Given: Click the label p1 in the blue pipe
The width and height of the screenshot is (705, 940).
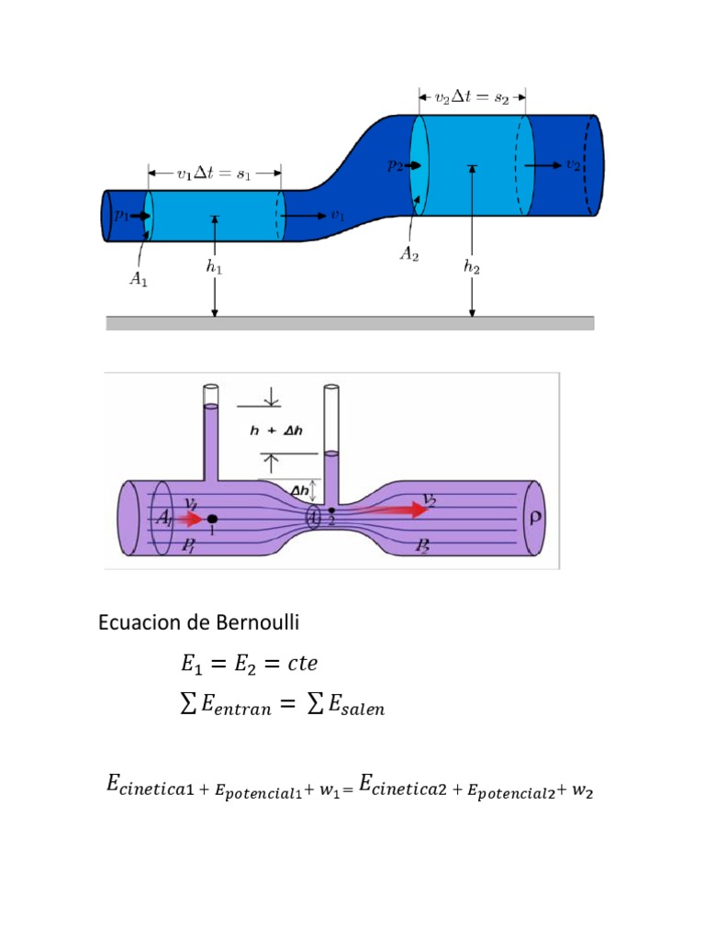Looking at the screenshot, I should pos(121,215).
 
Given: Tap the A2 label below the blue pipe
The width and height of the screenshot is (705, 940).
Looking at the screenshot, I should pos(409,256).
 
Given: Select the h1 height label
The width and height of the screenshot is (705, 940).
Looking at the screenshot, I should pos(214,268).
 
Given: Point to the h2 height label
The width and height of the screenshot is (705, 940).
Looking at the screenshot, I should pos(472,268).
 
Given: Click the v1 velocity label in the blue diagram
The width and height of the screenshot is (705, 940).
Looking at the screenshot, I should pos(338,216).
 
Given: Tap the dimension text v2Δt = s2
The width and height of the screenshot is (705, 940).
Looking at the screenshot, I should pos(472,97).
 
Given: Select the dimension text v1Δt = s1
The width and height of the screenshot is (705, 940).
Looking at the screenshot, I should pos(214,173).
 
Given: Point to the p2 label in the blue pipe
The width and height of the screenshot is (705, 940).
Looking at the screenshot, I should pos(395,166).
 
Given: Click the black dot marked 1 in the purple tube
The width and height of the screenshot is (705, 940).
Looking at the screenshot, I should pos(212,519).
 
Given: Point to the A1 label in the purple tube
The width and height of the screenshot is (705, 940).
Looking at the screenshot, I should pos(163,520).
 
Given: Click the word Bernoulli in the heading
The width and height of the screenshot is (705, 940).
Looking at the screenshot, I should pos(262,622).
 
